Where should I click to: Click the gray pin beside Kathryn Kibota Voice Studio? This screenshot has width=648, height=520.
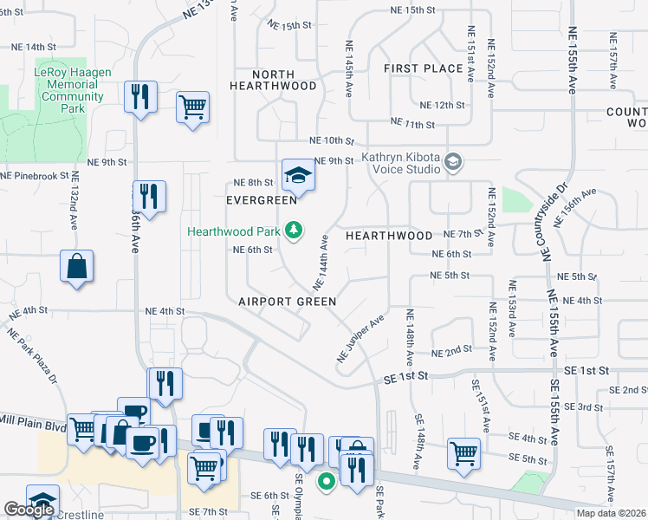(453, 162)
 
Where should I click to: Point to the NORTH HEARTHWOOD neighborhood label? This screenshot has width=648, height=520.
(274, 81)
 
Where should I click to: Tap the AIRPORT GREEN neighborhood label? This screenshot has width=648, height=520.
(287, 301)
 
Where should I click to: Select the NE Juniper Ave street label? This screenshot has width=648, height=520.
(360, 340)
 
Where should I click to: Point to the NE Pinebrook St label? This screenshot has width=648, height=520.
(34, 175)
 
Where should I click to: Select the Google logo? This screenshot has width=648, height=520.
(29, 510)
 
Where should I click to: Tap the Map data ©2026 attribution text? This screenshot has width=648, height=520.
(611, 513)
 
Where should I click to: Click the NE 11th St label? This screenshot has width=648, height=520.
(412, 125)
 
